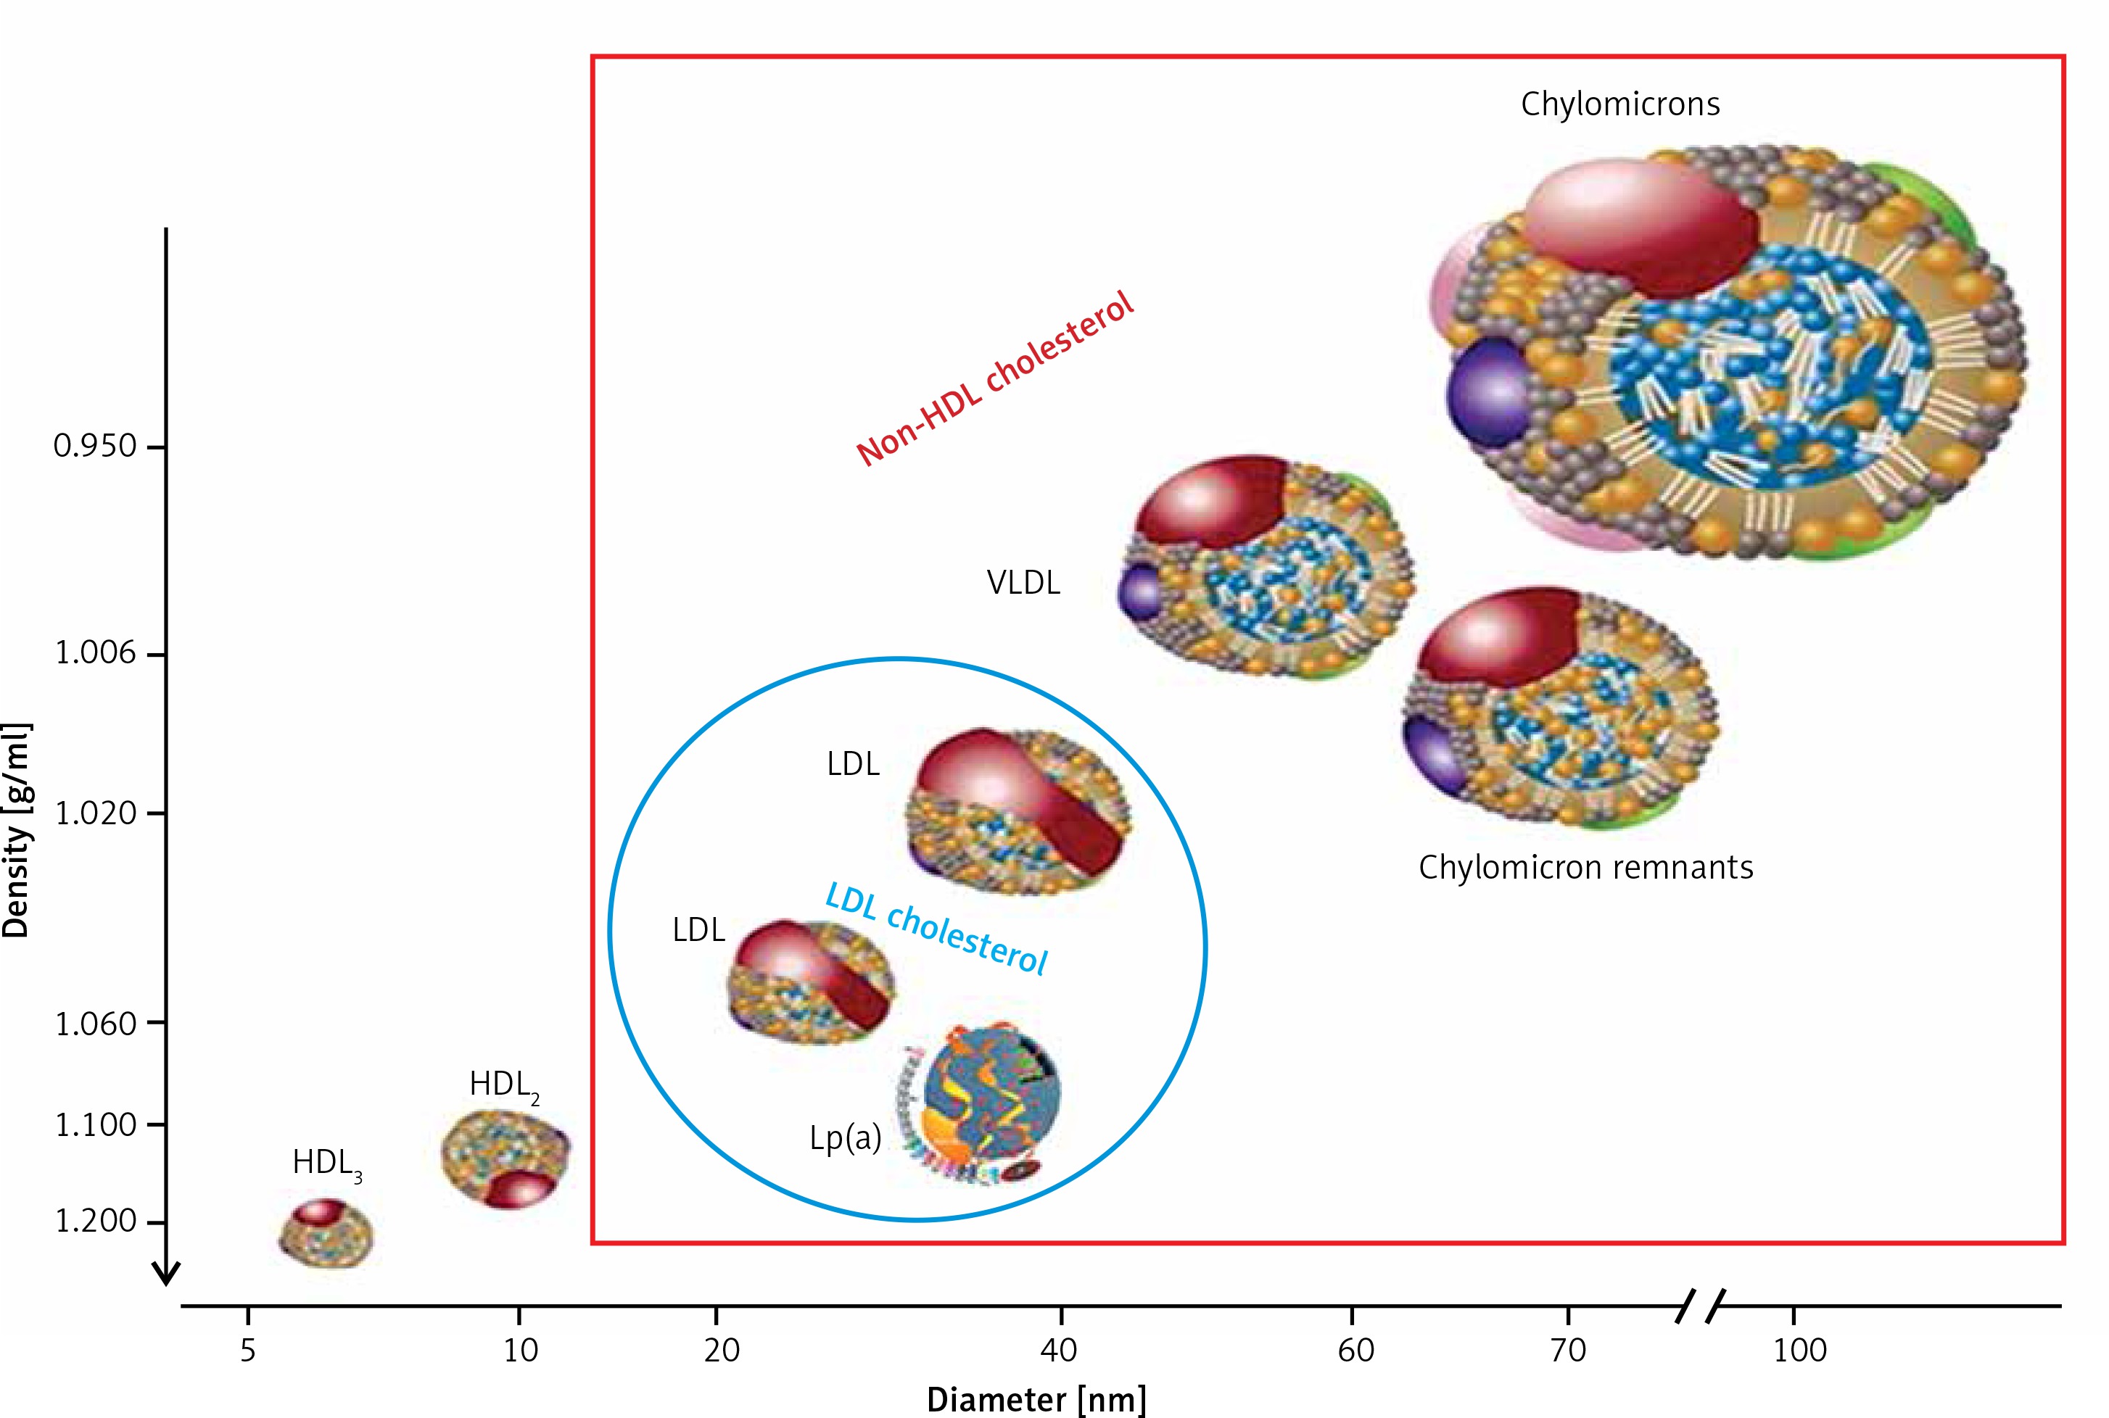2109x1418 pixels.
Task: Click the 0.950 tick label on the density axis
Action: coord(94,446)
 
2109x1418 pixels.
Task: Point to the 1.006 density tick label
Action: coord(95,653)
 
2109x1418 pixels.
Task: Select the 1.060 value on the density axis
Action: coord(95,1024)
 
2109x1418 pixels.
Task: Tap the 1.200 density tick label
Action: coord(95,1221)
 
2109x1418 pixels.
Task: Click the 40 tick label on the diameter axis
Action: coord(1060,1350)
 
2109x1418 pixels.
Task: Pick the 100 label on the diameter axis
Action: coord(1799,1350)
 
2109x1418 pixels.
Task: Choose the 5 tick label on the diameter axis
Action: coord(248,1350)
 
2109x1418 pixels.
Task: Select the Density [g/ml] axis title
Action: coord(17,830)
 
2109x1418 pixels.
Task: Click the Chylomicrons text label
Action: coord(1619,104)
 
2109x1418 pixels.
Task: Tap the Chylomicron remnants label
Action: coord(1585,867)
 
